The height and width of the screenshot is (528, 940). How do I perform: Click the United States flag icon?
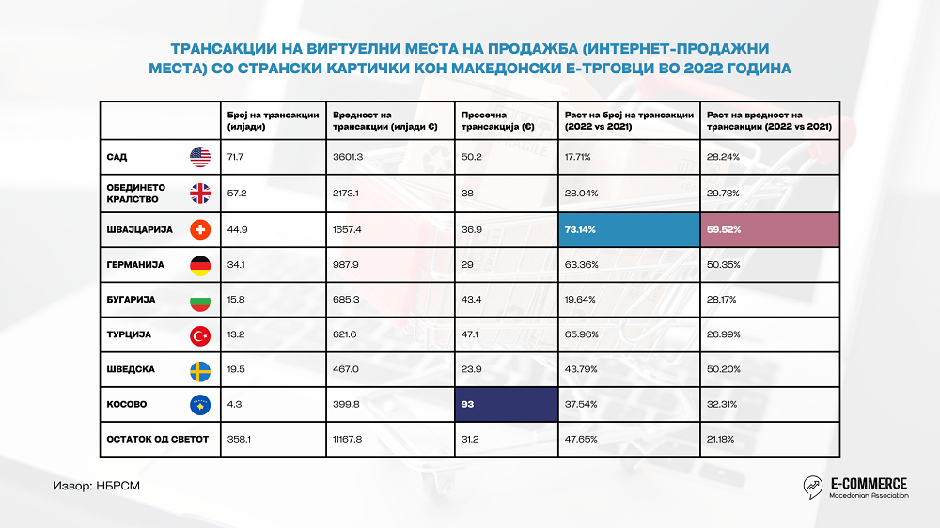199,157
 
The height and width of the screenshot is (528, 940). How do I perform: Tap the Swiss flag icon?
199,229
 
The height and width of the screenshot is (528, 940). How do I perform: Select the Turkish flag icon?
199,334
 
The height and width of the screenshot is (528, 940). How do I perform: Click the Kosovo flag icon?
199,404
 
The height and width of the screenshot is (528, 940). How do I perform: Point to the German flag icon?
199,265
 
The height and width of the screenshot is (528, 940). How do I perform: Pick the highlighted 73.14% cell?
628,229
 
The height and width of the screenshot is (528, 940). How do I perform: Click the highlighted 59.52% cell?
769,229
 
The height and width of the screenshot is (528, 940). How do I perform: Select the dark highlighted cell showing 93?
505,404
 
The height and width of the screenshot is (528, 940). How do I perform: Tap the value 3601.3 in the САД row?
348,157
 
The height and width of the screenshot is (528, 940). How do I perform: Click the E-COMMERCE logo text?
868,481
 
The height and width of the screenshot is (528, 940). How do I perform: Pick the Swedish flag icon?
199,369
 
